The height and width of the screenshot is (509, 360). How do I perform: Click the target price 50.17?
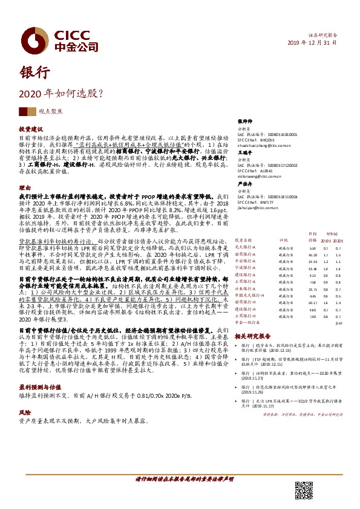(313, 303)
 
